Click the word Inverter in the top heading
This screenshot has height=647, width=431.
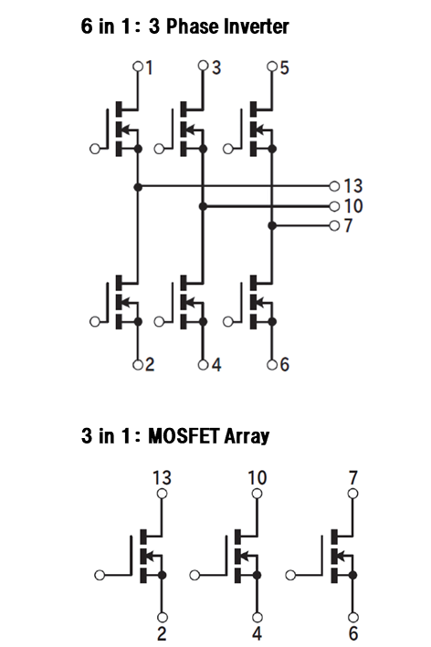click(257, 26)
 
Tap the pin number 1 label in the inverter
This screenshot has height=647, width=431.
click(150, 68)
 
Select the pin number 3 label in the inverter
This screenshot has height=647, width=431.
click(216, 68)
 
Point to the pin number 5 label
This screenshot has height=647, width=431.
click(285, 68)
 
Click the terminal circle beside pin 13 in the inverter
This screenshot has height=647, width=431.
click(334, 186)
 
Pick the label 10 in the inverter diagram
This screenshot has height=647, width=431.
click(353, 206)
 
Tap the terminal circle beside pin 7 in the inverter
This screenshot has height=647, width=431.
click(334, 225)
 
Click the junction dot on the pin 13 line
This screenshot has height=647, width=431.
click(138, 187)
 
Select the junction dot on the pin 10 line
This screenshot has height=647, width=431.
click(203, 206)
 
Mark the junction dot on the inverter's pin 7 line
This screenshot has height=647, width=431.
click(271, 225)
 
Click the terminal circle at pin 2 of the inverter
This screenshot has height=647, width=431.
click(138, 365)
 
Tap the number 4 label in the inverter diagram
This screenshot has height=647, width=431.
click(216, 365)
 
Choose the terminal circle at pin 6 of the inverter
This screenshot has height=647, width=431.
click(271, 365)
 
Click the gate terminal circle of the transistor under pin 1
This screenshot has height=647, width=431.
click(95, 149)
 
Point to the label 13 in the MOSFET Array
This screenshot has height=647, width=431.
click(162, 478)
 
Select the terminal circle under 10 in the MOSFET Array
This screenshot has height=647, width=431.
click(257, 494)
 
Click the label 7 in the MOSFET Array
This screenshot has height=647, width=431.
click(353, 478)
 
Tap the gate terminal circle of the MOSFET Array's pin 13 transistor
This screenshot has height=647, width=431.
click(100, 575)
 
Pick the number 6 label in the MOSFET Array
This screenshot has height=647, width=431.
click(353, 633)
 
